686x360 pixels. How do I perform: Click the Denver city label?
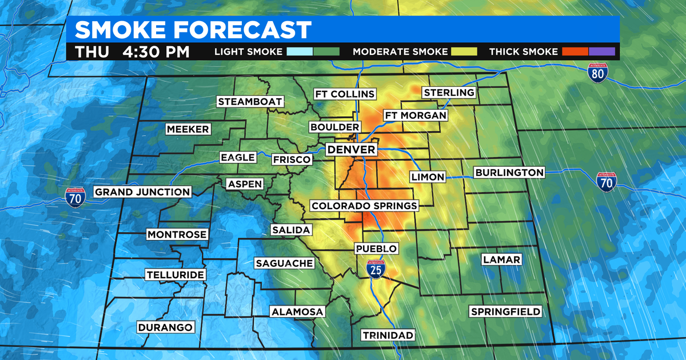[351, 150]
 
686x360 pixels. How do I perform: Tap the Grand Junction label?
[142, 192]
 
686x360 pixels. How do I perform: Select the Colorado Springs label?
[364, 206]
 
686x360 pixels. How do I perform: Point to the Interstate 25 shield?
[376, 269]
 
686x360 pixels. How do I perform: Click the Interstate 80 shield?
[598, 72]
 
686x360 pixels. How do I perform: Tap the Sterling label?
[448, 93]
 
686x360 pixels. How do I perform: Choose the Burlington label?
[509, 173]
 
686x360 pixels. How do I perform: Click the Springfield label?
[505, 311]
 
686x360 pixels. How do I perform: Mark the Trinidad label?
[388, 335]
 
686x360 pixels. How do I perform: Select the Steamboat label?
[250, 102]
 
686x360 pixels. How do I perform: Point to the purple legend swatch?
[602, 51]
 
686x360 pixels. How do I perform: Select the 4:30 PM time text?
[155, 51]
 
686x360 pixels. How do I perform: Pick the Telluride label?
[175, 275]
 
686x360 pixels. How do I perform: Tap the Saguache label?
[284, 263]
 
